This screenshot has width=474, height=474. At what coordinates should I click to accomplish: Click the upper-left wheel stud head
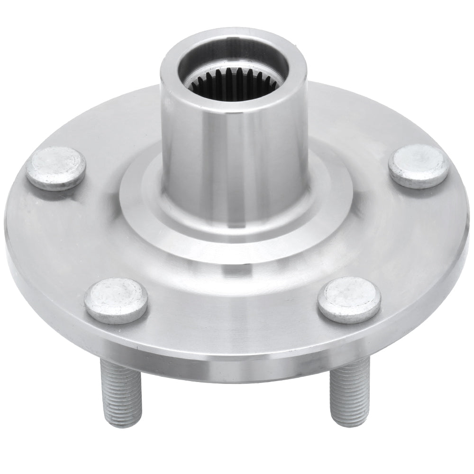point(55,168)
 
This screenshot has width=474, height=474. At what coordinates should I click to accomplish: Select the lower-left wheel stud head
point(116,301)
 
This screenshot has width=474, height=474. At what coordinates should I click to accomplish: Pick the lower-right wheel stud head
point(349,300)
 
